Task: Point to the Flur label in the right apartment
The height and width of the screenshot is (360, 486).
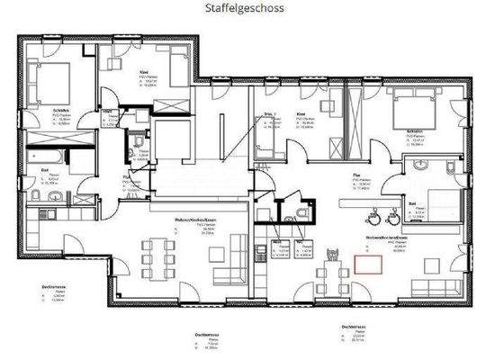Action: tap(358, 178)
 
